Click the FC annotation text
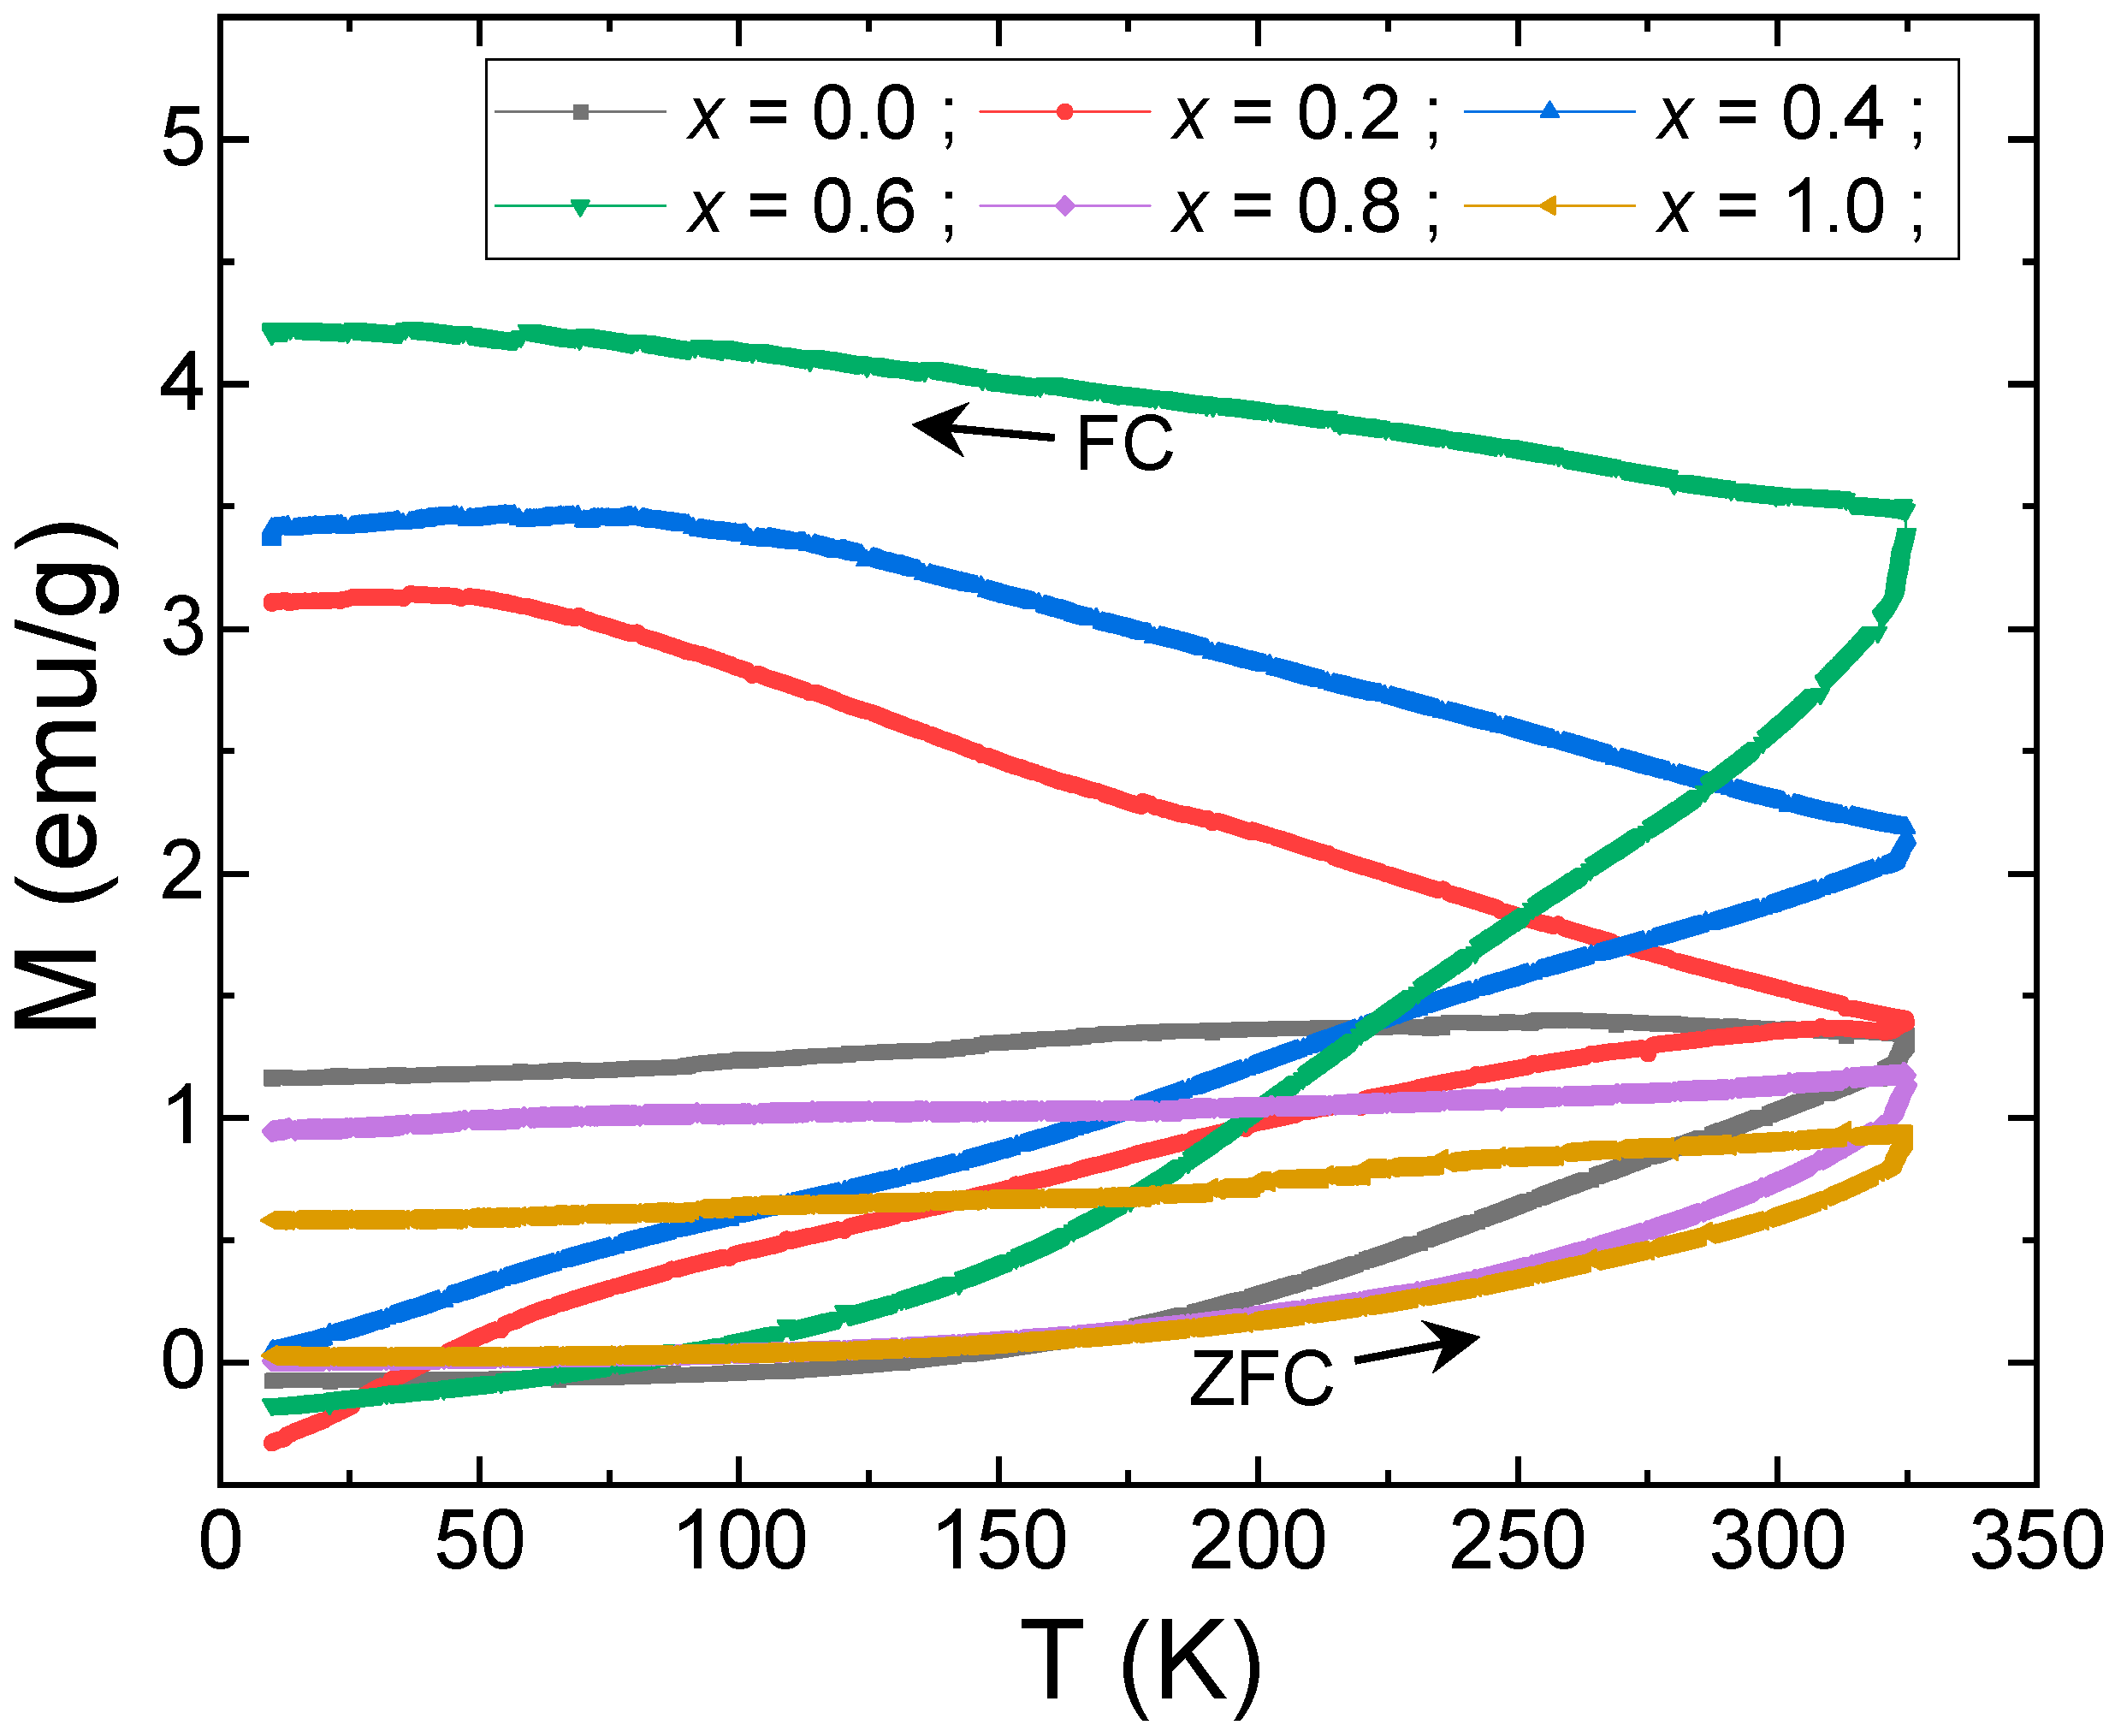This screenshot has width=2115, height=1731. tap(1124, 444)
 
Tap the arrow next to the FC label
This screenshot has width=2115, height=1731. tap(982, 430)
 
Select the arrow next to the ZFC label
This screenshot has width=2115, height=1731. tap(1417, 1349)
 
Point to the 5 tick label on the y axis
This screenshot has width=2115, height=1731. tap(182, 139)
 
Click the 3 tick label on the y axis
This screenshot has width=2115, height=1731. tap(182, 629)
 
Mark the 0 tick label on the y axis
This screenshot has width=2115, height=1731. tap(182, 1362)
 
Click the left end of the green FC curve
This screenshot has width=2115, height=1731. tap(270, 333)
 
